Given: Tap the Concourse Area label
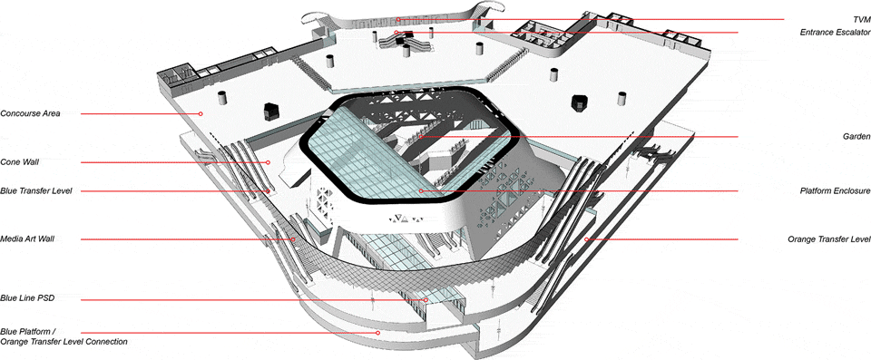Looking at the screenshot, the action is coord(31,113).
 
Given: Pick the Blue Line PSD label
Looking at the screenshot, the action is coord(27,298).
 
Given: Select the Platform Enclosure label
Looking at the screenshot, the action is coord(835,191).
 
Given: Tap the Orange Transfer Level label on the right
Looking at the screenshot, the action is coord(828,239).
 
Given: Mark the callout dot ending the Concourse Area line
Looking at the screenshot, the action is coord(201,114).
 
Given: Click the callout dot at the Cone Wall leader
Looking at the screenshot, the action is coord(268,162).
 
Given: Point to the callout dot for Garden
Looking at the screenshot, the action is coord(421,137).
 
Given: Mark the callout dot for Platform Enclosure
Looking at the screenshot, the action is coord(421,191).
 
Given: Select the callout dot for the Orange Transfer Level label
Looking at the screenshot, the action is coord(586,239).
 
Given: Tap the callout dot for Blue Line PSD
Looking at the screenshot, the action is coord(426,300).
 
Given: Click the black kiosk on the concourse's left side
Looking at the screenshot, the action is coord(270,111).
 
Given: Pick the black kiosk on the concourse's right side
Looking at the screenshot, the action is coord(580,102).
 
